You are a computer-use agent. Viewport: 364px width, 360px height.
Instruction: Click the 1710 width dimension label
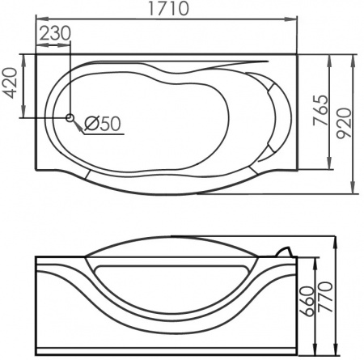pos(169,10)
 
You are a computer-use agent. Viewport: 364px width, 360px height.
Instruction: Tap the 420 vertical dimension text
pos(10,83)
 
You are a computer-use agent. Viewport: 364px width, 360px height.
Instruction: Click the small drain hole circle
pos(70,118)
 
